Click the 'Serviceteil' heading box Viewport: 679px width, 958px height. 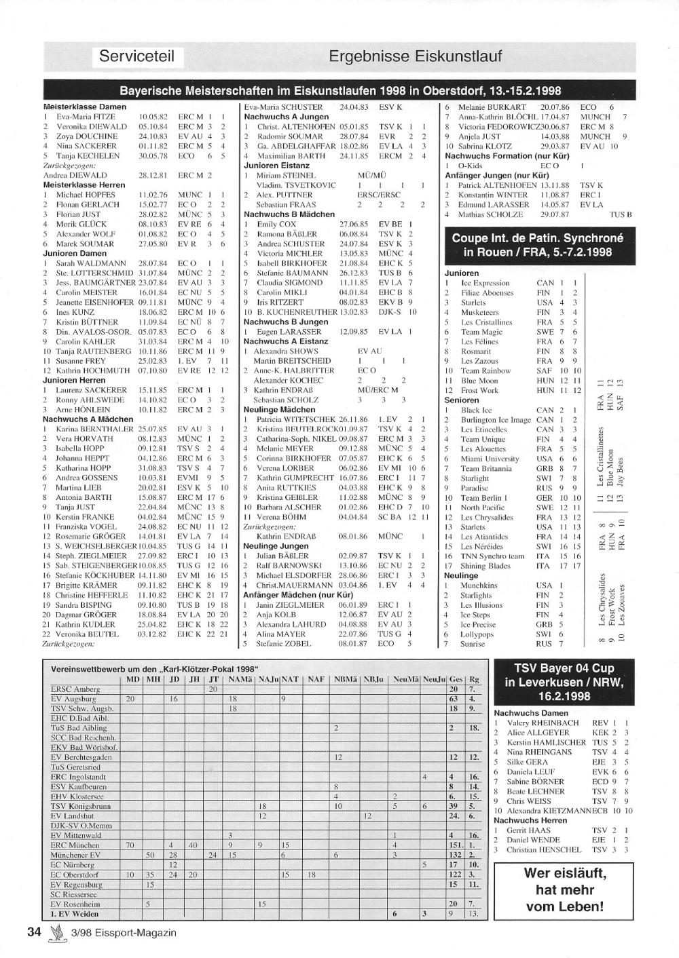[139, 56]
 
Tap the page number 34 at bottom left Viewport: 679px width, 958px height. [35, 932]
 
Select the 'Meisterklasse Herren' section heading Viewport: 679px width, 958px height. [84, 185]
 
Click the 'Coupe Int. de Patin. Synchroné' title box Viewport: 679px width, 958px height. [537, 245]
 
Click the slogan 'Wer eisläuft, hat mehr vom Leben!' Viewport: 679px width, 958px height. [565, 889]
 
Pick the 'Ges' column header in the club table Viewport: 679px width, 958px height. [456, 679]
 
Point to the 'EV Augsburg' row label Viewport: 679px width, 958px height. [74, 699]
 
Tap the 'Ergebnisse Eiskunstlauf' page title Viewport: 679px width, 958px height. [415, 56]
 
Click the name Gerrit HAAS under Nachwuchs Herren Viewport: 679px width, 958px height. [529, 830]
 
